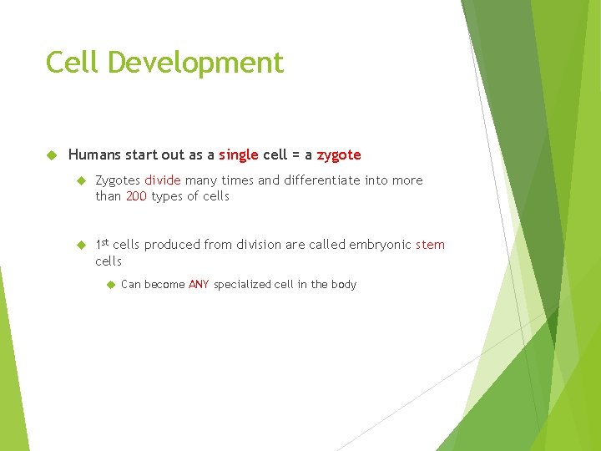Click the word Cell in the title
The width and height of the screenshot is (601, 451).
[73, 63]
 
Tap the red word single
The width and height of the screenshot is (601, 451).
[239, 155]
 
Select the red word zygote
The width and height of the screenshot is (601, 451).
[339, 155]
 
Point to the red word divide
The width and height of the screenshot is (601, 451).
[163, 180]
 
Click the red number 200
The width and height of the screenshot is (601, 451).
[136, 196]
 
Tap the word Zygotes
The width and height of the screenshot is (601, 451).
[118, 180]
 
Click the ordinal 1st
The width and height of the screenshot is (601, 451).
[102, 244]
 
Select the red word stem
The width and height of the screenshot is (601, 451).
[430, 245]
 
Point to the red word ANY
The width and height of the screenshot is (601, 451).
[199, 285]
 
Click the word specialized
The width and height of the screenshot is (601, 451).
[242, 285]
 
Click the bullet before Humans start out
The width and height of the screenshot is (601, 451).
[51, 155]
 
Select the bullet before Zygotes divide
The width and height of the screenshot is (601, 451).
[82, 180]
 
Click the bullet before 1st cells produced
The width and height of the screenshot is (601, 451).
[82, 245]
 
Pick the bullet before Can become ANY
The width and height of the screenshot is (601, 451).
[109, 285]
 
